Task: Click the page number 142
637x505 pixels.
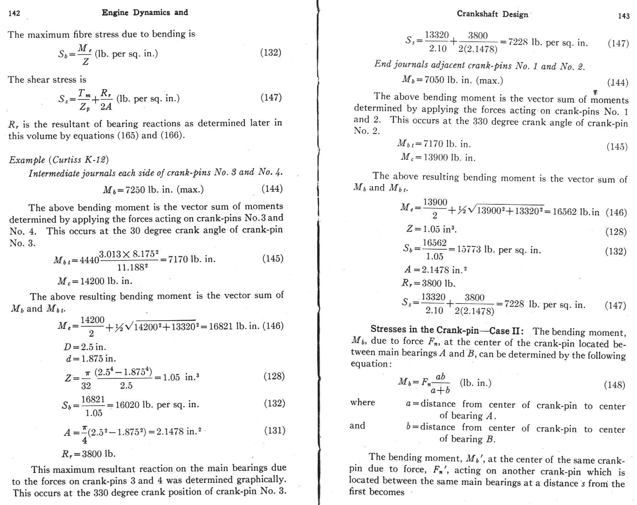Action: coord(14,14)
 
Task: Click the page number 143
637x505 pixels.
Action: coord(623,16)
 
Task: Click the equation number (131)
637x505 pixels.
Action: coord(274,430)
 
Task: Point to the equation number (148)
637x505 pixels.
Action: coord(615,385)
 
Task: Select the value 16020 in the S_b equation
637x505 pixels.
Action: coord(128,405)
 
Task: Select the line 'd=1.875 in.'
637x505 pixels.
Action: coord(91,358)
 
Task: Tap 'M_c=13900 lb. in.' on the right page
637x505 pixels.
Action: coord(438,157)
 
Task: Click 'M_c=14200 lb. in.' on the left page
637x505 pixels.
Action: coord(95,281)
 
